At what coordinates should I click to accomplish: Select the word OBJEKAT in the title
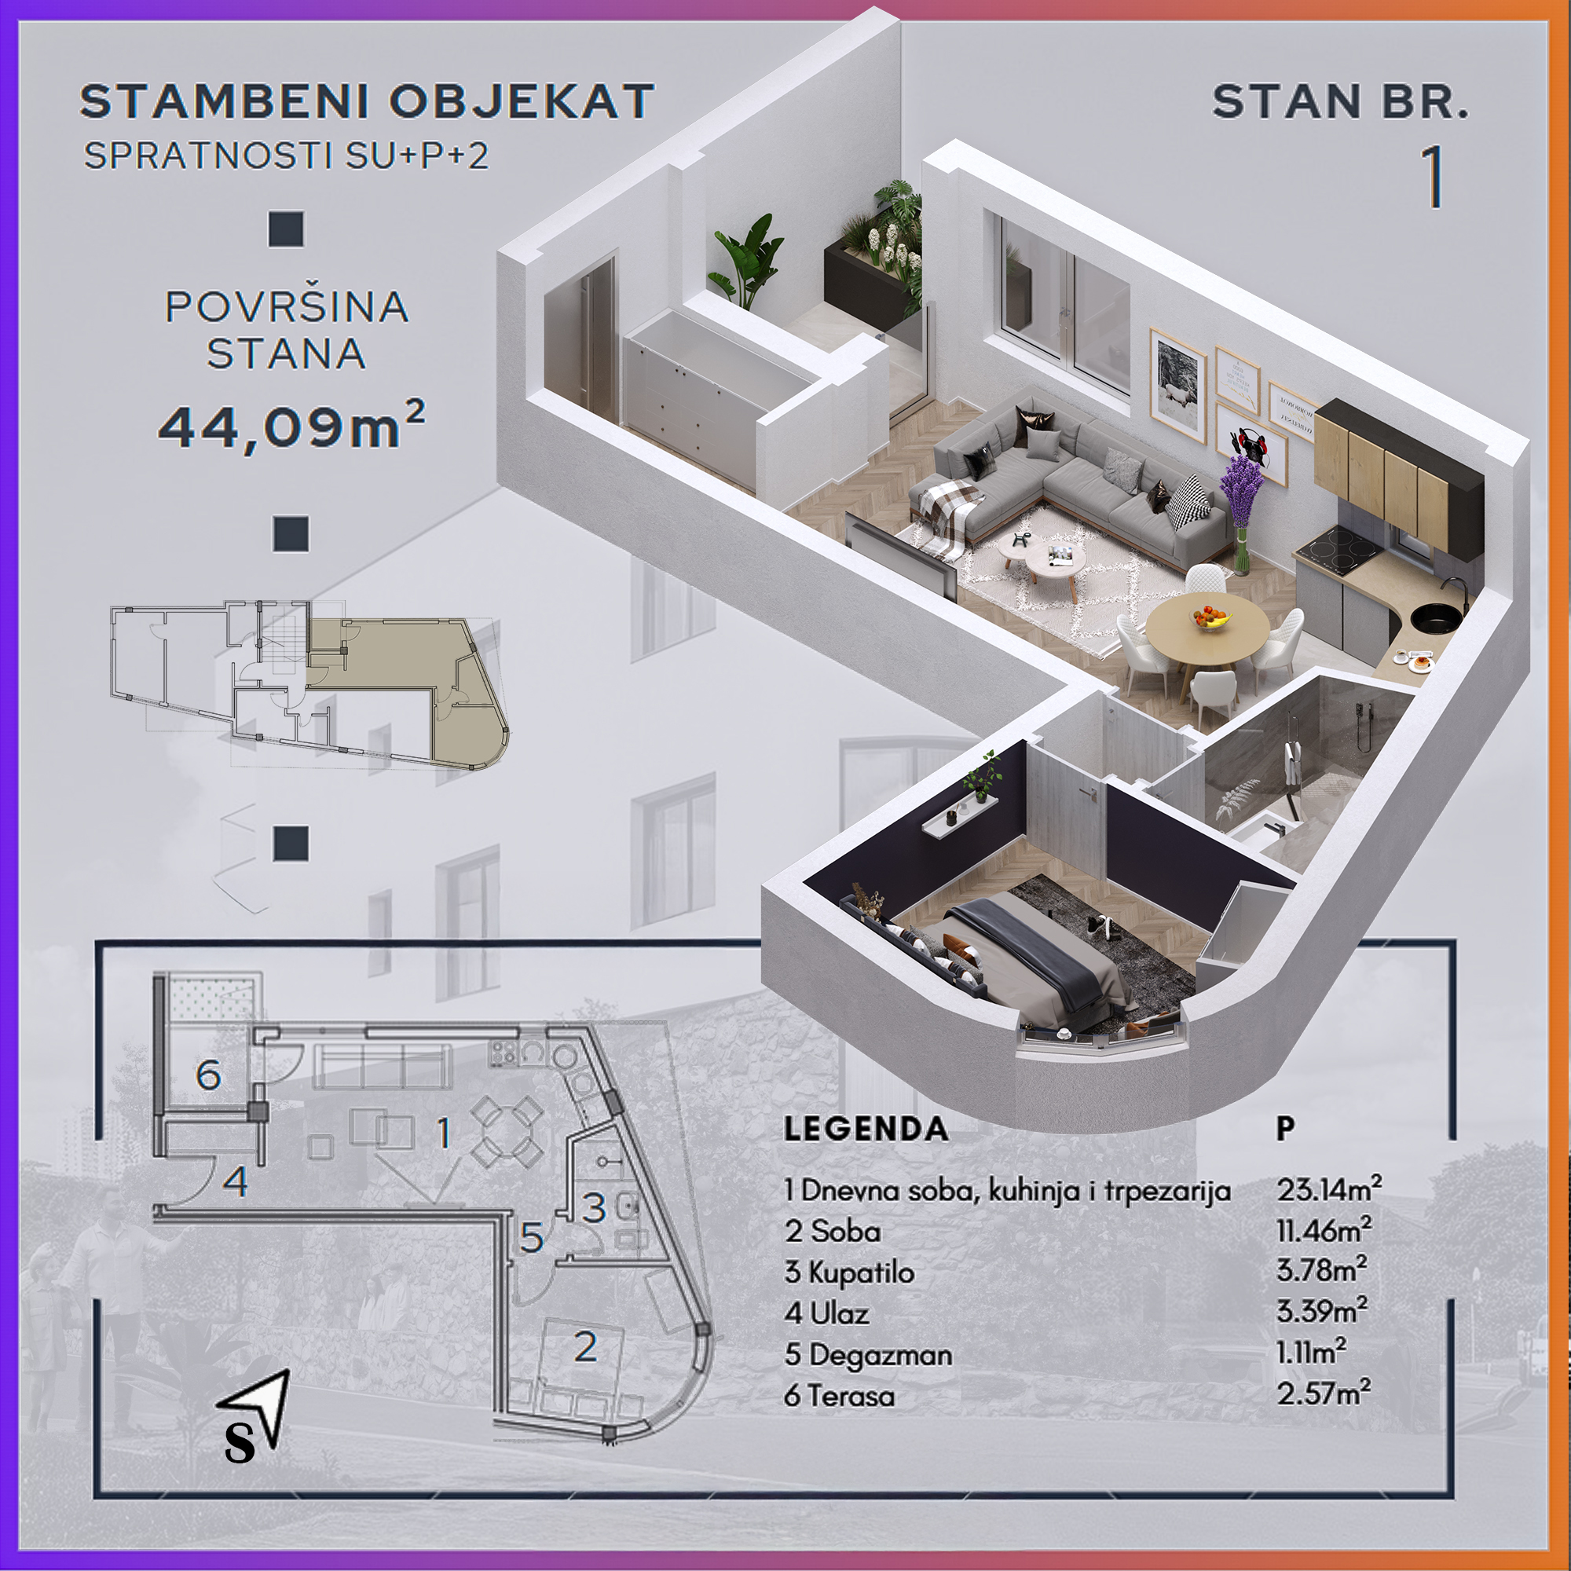(522, 101)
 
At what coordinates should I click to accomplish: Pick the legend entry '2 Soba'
(833, 1231)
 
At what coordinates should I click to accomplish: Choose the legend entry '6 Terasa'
(839, 1395)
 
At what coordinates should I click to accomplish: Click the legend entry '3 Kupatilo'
(849, 1272)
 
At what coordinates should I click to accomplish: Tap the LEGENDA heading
(866, 1129)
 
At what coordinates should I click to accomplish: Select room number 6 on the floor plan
(209, 1076)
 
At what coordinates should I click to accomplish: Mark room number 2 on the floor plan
(585, 1347)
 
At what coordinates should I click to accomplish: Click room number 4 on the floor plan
(236, 1181)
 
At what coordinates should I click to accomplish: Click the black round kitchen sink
(1435, 618)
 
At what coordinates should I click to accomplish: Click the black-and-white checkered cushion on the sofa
(1188, 500)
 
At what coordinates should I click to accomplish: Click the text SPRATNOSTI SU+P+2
(287, 156)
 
